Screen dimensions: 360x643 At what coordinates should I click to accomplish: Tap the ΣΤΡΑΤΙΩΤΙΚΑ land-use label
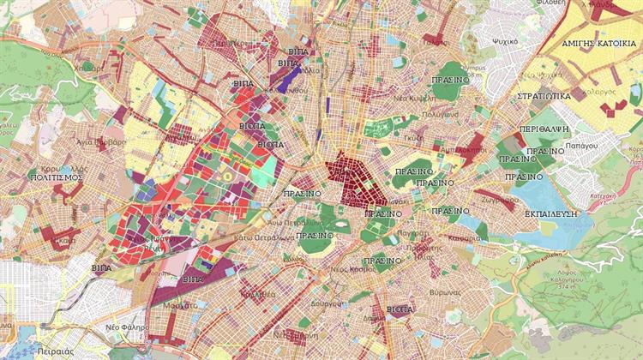point(544,96)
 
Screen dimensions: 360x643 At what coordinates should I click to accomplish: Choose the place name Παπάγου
point(581,146)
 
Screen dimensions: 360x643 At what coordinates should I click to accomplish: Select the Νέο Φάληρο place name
point(127,327)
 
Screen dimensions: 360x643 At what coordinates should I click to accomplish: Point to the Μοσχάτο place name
point(179,304)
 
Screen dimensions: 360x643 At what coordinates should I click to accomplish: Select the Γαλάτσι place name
point(436,40)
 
